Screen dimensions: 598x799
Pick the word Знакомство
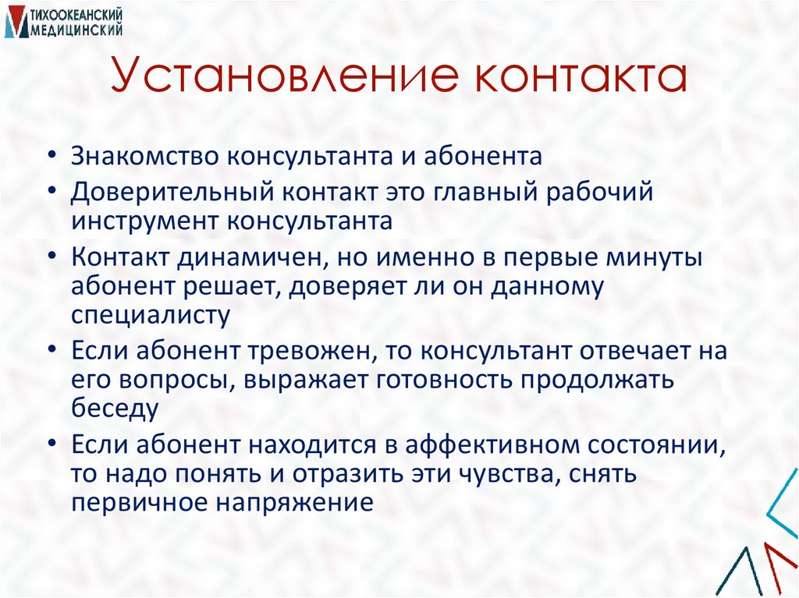[x=145, y=156]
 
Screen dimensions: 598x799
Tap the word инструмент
[x=145, y=221]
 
